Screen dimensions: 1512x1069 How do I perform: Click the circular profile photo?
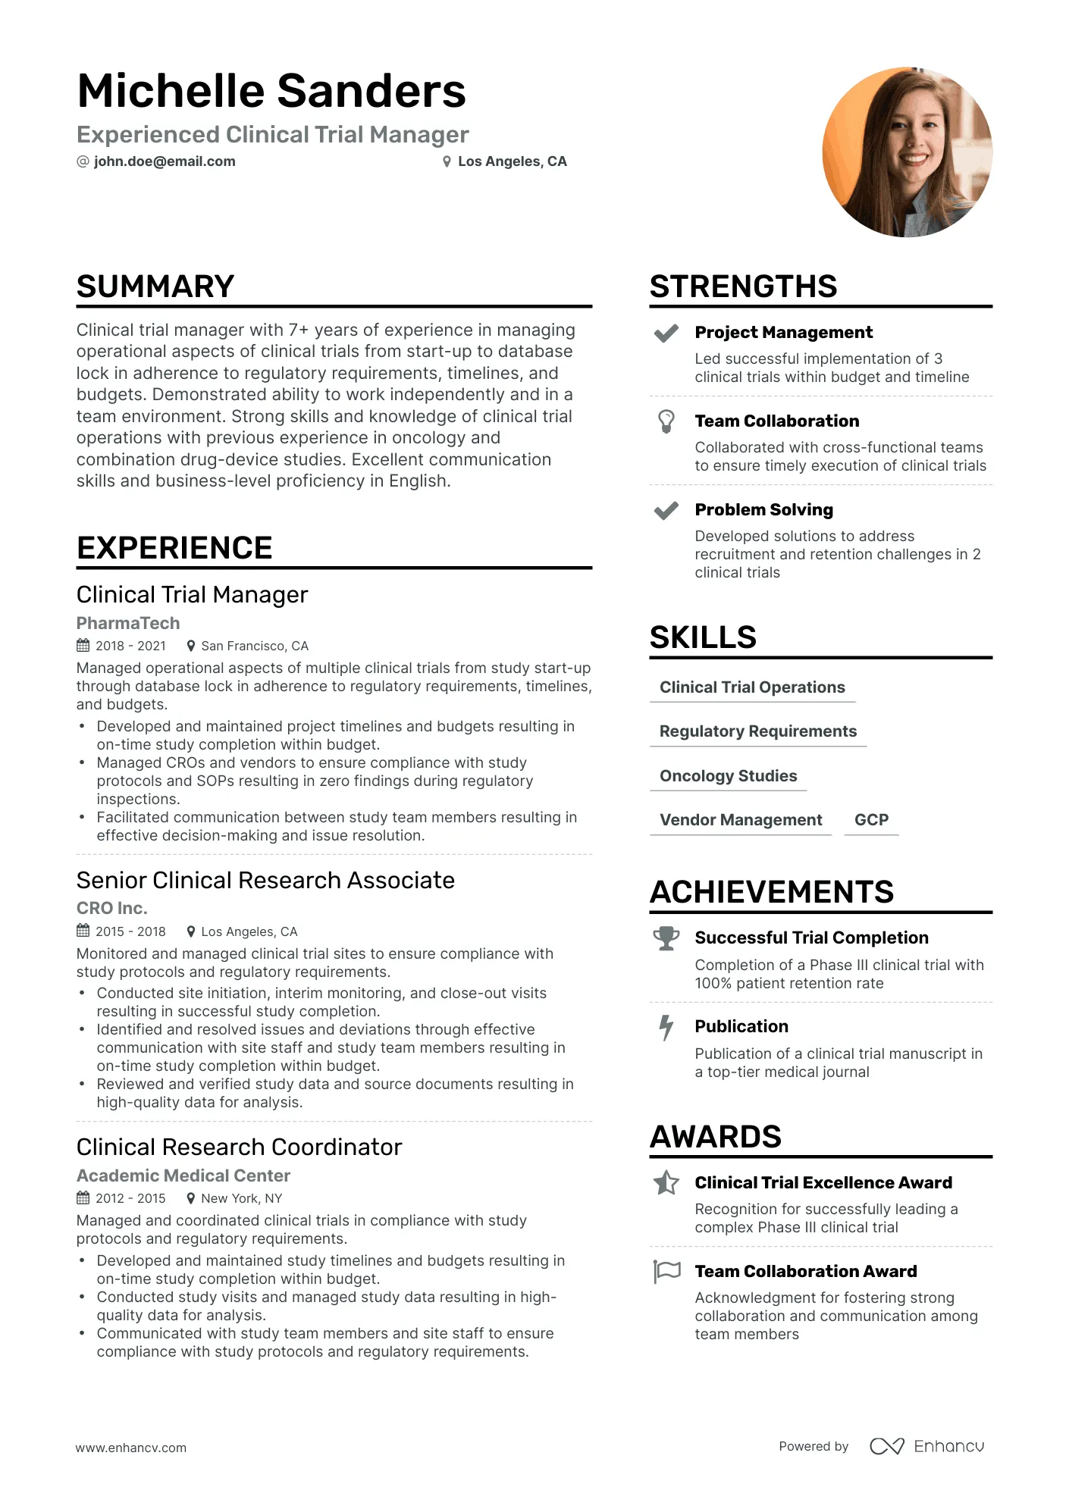[x=907, y=152]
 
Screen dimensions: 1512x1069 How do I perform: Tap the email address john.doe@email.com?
[x=165, y=161]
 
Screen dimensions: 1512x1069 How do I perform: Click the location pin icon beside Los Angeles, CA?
[x=447, y=161]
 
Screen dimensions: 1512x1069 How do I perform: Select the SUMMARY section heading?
[x=155, y=286]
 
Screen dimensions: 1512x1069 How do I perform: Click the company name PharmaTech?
[x=128, y=623]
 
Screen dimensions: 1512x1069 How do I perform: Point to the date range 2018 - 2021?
[x=130, y=646]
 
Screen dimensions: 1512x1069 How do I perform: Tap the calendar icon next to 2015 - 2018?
[x=83, y=931]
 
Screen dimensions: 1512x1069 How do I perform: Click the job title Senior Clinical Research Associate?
[x=265, y=880]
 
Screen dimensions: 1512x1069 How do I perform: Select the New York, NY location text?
[x=241, y=1198]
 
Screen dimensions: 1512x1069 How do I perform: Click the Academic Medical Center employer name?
[x=183, y=1175]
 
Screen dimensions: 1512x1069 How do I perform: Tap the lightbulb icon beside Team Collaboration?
[x=666, y=421]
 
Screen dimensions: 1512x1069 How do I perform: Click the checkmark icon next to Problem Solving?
[x=666, y=511]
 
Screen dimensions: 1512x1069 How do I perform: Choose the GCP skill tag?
[x=871, y=820]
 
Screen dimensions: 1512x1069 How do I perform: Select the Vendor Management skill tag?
[x=741, y=820]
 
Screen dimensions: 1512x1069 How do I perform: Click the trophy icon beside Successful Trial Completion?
[x=666, y=938]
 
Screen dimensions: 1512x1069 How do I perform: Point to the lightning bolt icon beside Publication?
[x=666, y=1028]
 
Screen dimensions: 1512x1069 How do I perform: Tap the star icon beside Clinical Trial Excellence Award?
[x=666, y=1183]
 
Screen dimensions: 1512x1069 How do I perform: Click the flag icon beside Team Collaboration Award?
[x=666, y=1272]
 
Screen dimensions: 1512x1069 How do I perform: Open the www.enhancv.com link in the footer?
[x=130, y=1448]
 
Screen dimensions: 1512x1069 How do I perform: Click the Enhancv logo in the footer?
[x=926, y=1446]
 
